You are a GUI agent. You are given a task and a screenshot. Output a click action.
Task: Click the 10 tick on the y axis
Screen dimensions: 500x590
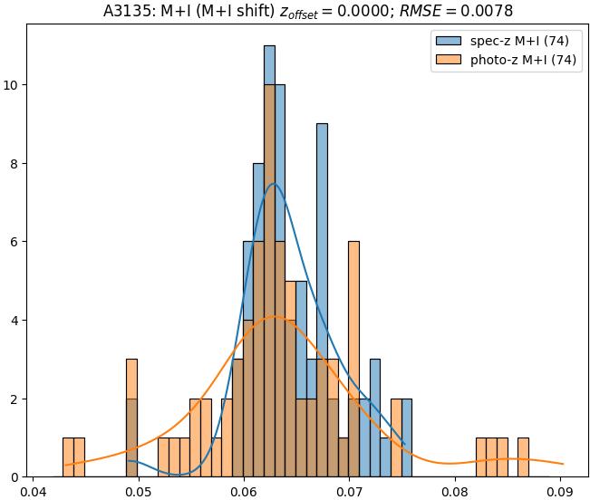tap(14, 85)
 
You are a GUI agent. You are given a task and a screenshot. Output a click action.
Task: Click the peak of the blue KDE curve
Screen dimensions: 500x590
tap(273, 184)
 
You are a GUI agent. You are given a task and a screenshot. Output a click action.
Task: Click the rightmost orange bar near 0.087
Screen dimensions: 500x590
tap(523, 457)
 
